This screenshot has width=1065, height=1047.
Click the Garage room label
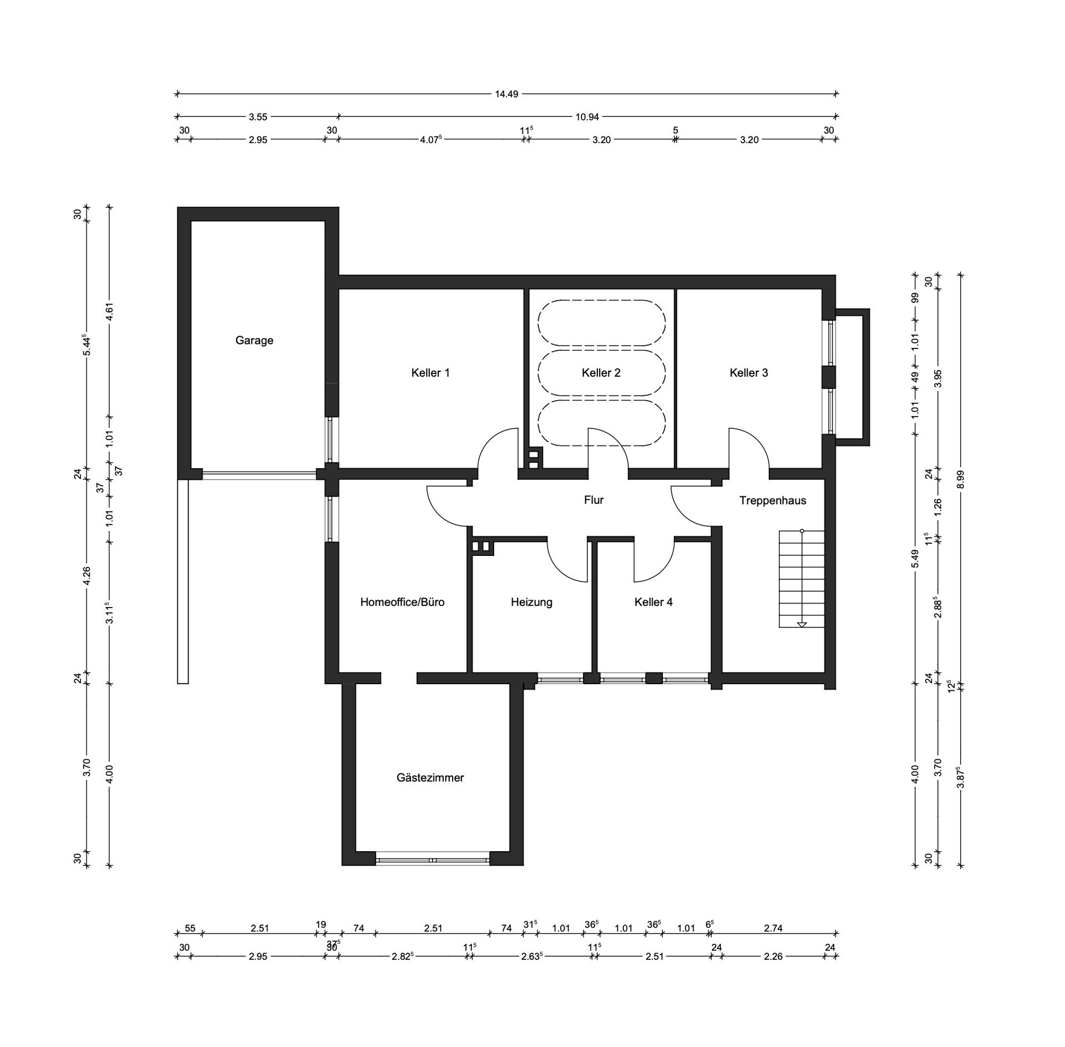[254, 341]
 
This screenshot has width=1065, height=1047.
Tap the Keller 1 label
[430, 373]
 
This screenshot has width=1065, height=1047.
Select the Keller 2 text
[601, 373]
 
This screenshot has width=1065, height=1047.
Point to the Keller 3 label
[749, 373]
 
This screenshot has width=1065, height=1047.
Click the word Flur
[594, 500]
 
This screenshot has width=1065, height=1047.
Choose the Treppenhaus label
[773, 500]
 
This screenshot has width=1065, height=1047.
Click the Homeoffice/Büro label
[402, 602]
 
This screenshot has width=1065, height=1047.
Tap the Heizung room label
[531, 602]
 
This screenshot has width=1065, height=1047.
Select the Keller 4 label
[653, 602]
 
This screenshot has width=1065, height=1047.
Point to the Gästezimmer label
[430, 778]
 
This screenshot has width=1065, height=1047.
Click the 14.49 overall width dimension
[506, 94]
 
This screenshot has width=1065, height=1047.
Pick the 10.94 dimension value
[587, 117]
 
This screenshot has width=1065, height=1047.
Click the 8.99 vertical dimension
[961, 479]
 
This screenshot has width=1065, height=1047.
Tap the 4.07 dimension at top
[431, 139]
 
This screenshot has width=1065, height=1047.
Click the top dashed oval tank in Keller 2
[601, 322]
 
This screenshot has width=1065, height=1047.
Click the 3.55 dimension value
[257, 117]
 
